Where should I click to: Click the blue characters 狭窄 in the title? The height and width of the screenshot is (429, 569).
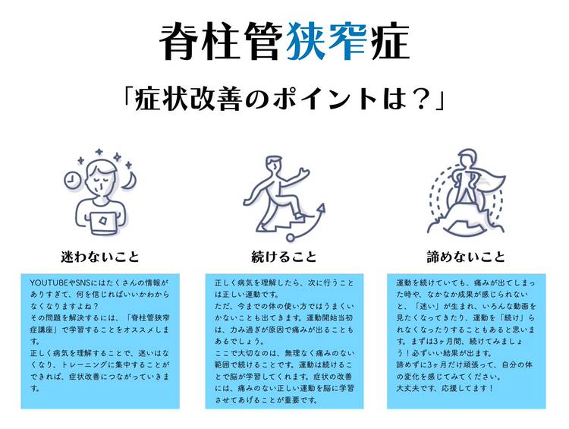pos(326,42)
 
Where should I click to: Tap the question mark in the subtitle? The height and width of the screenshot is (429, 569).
pos(420,99)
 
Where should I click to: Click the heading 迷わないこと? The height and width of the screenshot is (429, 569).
pos(100,257)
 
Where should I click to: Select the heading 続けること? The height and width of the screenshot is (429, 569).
pos(284,257)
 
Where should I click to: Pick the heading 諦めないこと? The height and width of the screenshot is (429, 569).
pos(466,257)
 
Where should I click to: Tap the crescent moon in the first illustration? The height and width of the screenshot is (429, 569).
pos(129,181)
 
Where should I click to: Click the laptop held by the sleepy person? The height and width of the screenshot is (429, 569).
pos(103,223)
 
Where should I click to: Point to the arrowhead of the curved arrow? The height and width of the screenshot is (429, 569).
pos(321,210)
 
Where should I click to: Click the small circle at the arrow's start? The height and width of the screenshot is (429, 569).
pos(291,238)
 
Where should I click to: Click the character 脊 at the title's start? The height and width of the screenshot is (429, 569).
pos(181,42)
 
